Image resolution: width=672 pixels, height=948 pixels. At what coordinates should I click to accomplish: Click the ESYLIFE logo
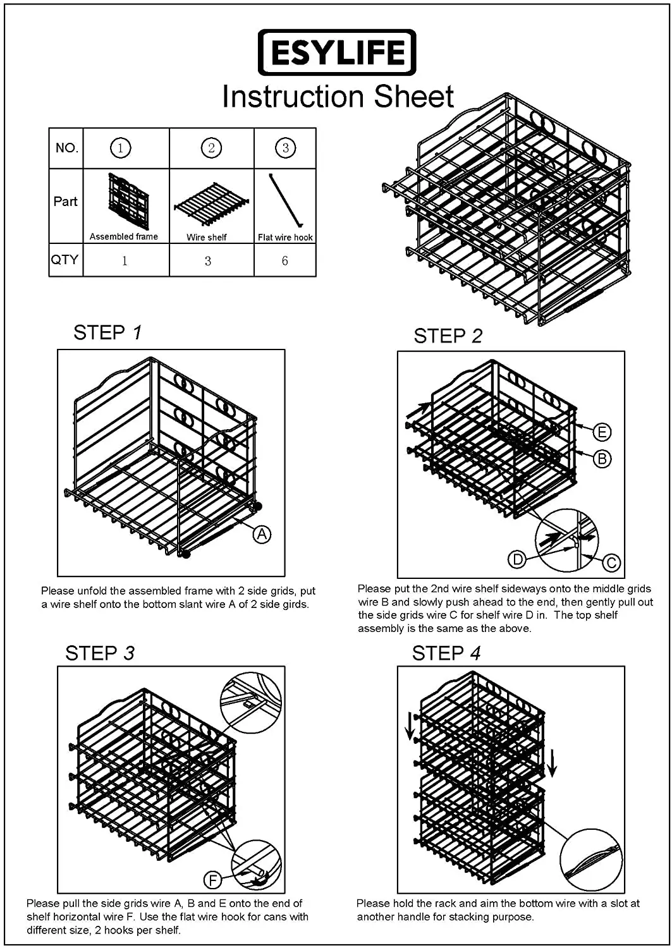click(x=337, y=52)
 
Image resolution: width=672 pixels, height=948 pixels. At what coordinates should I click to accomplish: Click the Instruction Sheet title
click(x=338, y=97)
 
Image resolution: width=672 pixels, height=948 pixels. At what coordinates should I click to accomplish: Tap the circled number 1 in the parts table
click(x=120, y=148)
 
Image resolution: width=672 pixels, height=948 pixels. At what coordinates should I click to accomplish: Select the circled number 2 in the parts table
click(x=211, y=148)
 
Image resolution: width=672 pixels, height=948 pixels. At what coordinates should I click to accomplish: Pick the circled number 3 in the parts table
click(x=285, y=148)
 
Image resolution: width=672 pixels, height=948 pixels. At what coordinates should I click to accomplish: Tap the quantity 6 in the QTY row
click(x=284, y=260)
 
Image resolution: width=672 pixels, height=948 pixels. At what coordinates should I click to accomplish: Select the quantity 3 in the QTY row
click(x=207, y=260)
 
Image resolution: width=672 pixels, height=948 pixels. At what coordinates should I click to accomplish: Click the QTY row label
click(x=65, y=260)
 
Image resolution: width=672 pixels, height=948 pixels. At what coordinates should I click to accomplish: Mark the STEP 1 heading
click(x=107, y=332)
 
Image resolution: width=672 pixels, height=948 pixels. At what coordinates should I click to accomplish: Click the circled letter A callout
click(x=262, y=534)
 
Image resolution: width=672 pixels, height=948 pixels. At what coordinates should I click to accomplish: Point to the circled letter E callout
click(x=602, y=432)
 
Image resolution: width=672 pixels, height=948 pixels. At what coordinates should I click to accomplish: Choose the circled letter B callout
click(x=602, y=458)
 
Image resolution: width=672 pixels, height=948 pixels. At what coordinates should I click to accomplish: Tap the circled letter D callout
click(x=517, y=559)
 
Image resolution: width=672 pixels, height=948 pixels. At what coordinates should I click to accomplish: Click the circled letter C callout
click(x=611, y=562)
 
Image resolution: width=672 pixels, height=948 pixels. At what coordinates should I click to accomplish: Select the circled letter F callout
click(x=212, y=879)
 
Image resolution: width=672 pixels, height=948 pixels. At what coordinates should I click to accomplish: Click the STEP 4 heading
click(x=446, y=653)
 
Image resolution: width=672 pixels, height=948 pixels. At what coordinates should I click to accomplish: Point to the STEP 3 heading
click(x=100, y=653)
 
